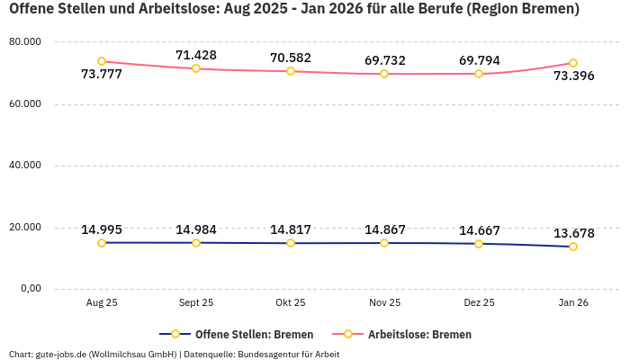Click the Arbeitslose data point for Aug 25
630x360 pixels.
coord(102,61)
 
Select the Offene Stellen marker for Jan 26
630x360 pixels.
coord(573,247)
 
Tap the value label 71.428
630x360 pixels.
coord(196,55)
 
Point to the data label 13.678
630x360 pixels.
coord(573,233)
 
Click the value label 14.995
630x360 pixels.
coord(102,229)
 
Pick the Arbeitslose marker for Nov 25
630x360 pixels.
coord(384,74)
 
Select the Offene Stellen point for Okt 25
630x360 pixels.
coord(291,243)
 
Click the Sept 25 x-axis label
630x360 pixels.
coord(196,303)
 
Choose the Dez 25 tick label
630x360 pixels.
coord(479,303)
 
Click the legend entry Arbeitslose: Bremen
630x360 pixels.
coord(419,334)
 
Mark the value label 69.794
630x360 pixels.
coord(479,60)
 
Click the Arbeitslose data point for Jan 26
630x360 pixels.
coord(573,63)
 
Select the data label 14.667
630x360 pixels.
coord(479,230)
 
